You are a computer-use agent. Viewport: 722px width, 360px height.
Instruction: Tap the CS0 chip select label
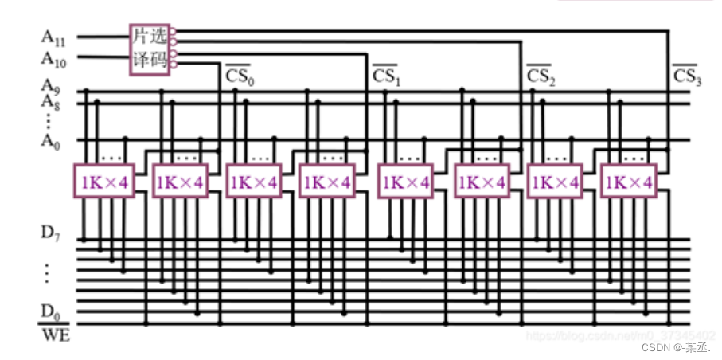(239, 77)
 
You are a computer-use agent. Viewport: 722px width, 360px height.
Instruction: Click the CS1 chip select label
(386, 77)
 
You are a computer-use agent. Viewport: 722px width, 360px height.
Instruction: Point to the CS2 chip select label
(541, 77)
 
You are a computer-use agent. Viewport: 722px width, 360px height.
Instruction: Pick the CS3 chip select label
(686, 77)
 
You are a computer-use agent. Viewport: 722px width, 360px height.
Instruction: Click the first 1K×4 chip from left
(102, 182)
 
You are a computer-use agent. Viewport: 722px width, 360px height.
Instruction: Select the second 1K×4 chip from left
(178, 182)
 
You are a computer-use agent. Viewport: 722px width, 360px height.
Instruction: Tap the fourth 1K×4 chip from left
(325, 182)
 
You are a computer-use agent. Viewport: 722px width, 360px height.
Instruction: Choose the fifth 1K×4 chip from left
(404, 182)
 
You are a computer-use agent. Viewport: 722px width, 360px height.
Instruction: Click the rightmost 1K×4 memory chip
(629, 182)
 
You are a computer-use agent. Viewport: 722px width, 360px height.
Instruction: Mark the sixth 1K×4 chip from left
(480, 182)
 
